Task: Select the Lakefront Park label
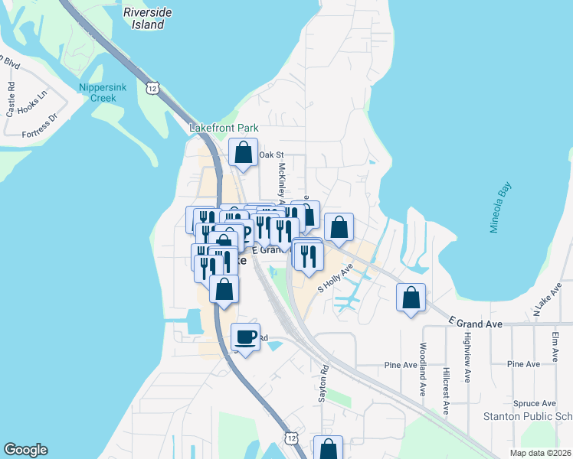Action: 224,129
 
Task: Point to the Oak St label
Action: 266,155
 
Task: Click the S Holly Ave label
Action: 335,280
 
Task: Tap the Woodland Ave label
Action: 422,369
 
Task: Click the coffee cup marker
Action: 246,337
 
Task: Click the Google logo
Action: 25,450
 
